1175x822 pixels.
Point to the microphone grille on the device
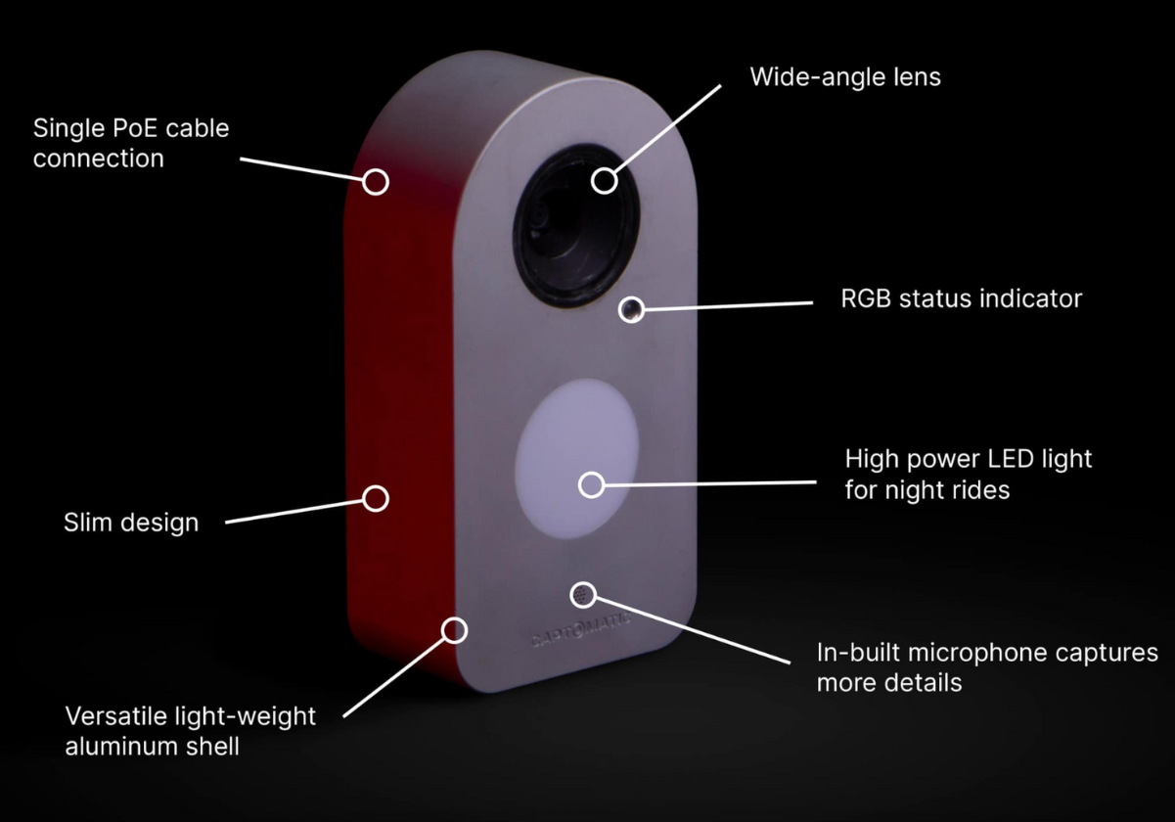[x=583, y=594]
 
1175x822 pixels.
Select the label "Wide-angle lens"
[x=845, y=77]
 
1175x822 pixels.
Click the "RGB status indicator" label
[x=962, y=298]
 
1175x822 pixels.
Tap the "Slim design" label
[x=131, y=523]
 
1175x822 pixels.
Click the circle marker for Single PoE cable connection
[x=376, y=181]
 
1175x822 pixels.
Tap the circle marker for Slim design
[x=376, y=498]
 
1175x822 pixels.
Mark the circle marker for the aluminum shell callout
[x=453, y=629]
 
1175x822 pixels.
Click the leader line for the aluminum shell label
[x=396, y=674]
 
